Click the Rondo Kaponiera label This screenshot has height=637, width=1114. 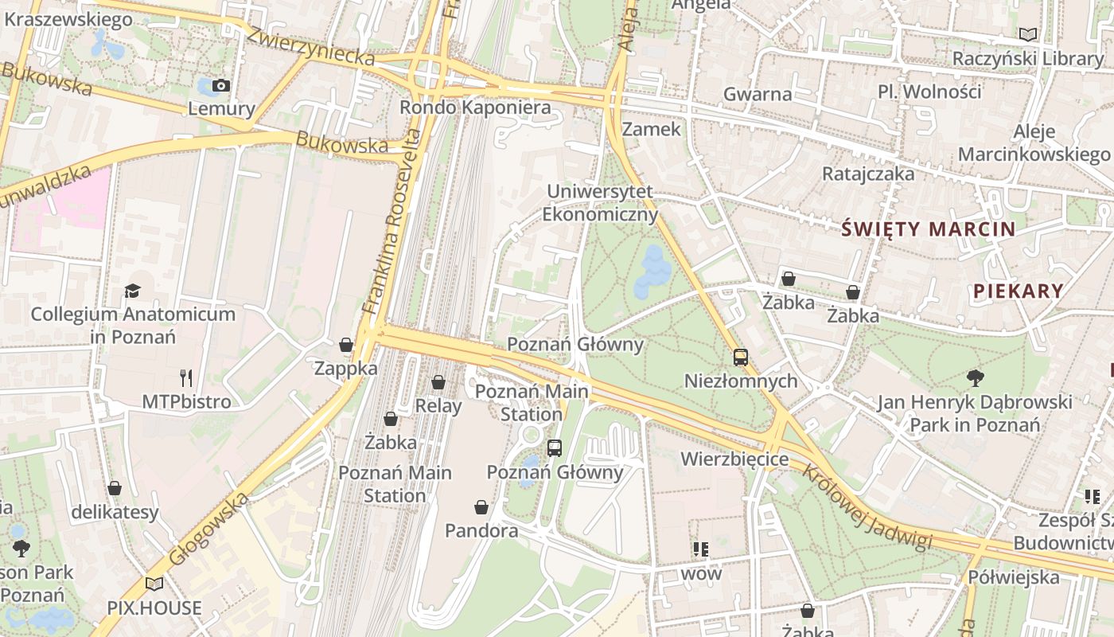pos(475,107)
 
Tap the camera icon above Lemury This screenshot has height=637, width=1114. pos(221,86)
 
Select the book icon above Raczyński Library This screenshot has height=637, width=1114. pos(1028,35)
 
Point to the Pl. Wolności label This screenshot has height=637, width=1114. pos(929,92)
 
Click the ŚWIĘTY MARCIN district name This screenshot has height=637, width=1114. pos(929,230)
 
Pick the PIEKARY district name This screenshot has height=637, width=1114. pos(1018,291)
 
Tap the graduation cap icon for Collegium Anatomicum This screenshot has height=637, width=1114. pos(133,291)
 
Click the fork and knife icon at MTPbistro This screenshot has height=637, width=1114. pos(186,377)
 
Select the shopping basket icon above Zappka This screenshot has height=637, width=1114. pos(346,345)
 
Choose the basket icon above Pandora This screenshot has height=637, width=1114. pos(481,507)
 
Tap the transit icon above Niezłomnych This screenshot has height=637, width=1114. pos(741,358)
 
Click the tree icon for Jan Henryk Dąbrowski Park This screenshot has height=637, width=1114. pos(975,377)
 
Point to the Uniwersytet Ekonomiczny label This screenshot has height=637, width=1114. pos(600,203)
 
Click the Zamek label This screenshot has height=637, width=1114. pos(652,129)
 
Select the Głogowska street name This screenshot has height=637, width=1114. pos(209,529)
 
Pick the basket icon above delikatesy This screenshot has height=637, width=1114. pos(115,488)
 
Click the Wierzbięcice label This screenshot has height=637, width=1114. pos(734,459)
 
